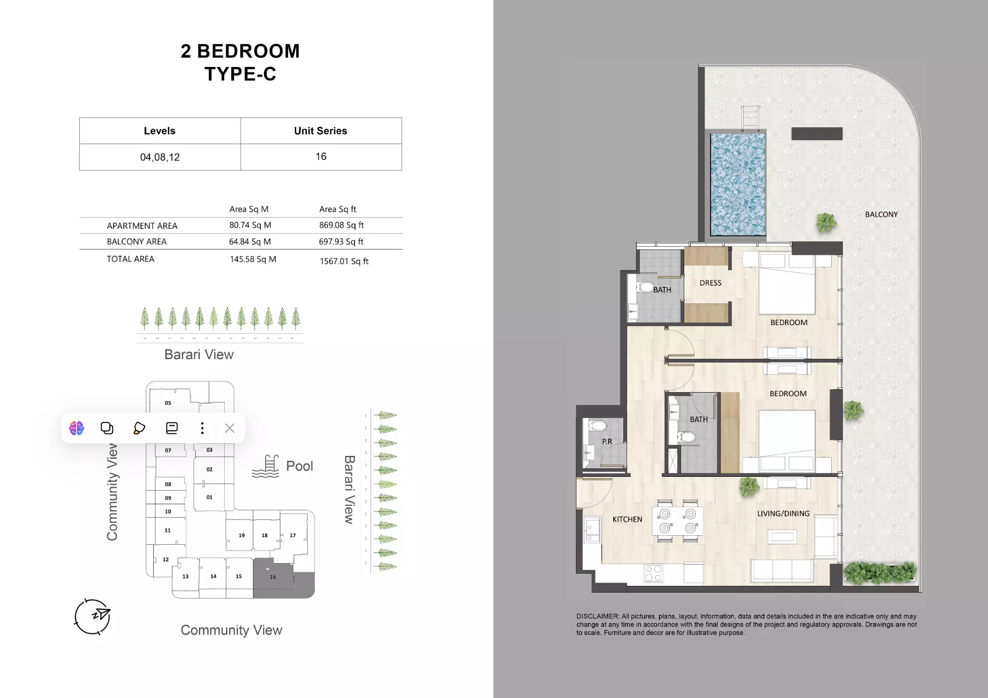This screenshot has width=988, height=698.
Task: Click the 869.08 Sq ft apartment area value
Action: pyautogui.click(x=341, y=225)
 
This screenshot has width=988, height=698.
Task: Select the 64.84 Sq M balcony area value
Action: pyautogui.click(x=250, y=241)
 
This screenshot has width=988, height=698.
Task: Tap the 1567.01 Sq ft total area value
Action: pyautogui.click(x=344, y=261)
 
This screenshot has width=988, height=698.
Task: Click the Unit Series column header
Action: pyautogui.click(x=321, y=131)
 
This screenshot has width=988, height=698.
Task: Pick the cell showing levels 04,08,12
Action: pyautogui.click(x=160, y=157)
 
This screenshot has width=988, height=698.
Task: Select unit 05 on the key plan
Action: pyautogui.click(x=168, y=403)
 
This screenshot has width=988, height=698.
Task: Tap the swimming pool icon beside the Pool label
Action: pyautogui.click(x=266, y=466)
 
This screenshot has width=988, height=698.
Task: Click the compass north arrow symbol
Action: pyautogui.click(x=92, y=616)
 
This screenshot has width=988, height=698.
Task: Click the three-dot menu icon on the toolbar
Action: pyautogui.click(x=202, y=428)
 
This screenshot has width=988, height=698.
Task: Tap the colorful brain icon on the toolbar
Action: pyautogui.click(x=77, y=428)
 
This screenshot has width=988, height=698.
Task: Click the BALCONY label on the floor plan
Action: pyautogui.click(x=881, y=215)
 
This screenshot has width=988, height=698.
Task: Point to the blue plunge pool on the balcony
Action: pyautogui.click(x=737, y=184)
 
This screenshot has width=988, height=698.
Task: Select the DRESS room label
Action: pyautogui.click(x=710, y=283)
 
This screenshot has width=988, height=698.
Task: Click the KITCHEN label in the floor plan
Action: pyautogui.click(x=627, y=519)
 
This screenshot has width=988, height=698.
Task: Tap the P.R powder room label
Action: pyautogui.click(x=607, y=441)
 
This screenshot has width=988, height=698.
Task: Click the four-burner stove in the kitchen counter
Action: pyautogui.click(x=653, y=573)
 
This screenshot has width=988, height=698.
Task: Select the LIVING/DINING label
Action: pyautogui.click(x=783, y=513)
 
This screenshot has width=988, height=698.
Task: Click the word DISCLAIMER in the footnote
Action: pyautogui.click(x=597, y=616)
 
